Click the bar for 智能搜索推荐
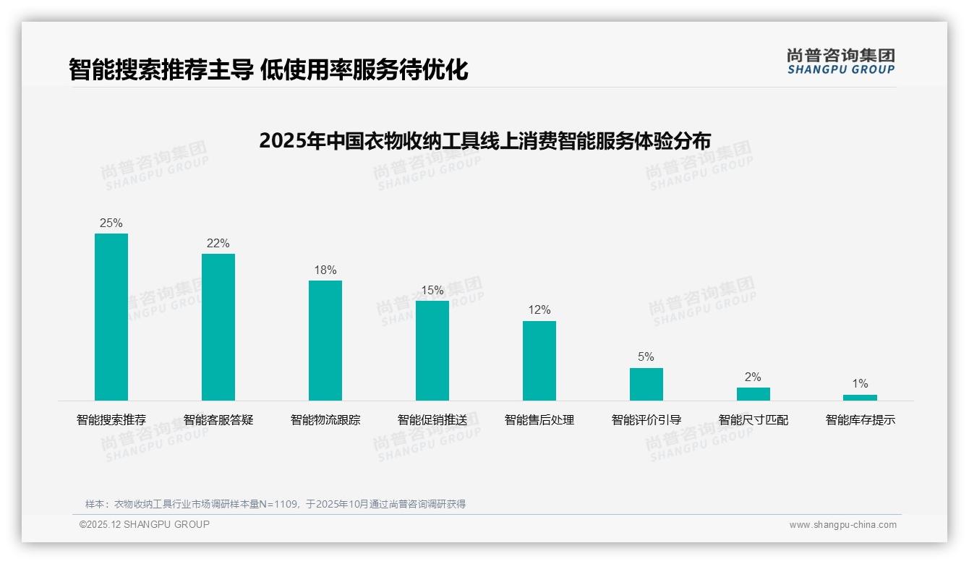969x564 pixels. point(111,317)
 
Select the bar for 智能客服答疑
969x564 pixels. point(218,327)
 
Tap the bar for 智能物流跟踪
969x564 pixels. point(325,341)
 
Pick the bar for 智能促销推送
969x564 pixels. point(432,351)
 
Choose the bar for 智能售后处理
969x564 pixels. point(539,361)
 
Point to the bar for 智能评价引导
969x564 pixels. point(646,384)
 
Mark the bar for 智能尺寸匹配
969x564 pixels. point(754,394)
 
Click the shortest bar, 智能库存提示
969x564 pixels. point(860,398)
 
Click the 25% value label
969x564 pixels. point(111,223)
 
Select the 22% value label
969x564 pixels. point(218,244)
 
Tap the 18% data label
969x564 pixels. point(325,270)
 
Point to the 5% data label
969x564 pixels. point(646,357)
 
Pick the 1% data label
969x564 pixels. point(860,384)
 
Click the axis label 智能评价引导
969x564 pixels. point(646,420)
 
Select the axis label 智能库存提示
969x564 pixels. point(861,420)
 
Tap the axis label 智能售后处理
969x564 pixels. point(539,420)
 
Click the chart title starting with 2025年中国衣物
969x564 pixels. point(484,140)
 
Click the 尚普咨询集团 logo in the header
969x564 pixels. point(841,61)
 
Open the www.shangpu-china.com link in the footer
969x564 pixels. point(842,525)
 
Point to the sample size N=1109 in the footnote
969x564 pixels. point(278,504)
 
